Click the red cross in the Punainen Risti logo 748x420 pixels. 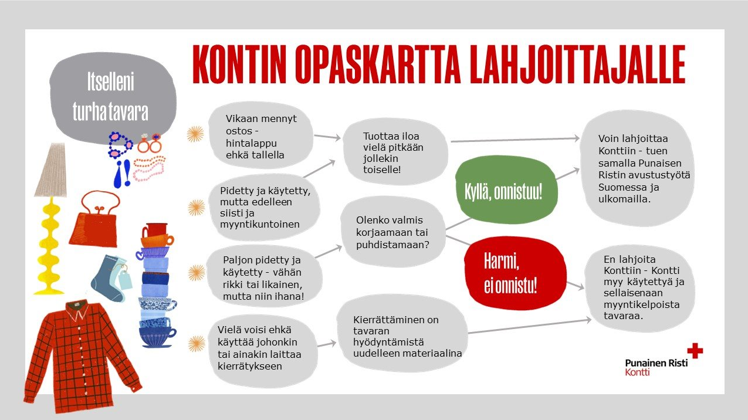[695, 350]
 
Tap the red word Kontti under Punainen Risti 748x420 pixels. [637, 372]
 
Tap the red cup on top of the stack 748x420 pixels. [155, 229]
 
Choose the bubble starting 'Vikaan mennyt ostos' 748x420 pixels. [261, 137]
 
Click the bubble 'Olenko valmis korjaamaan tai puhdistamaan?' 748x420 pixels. [392, 232]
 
